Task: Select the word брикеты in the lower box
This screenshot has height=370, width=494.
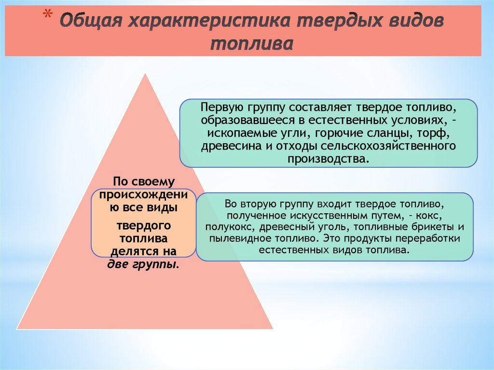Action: pyautogui.click(x=433, y=226)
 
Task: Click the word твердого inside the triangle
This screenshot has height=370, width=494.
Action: pyautogui.click(x=143, y=226)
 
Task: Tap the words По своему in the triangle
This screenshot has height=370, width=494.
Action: pyautogui.click(x=143, y=182)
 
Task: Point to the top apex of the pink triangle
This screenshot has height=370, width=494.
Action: pyautogui.click(x=145, y=73)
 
